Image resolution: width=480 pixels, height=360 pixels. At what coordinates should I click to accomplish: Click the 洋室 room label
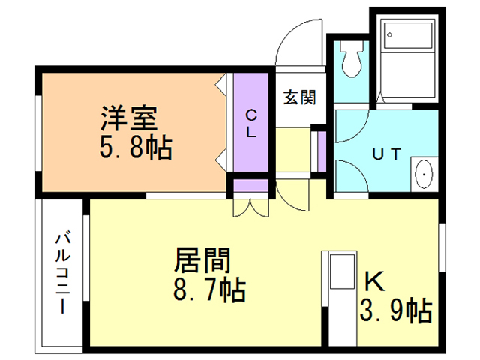pyautogui.click(x=129, y=118)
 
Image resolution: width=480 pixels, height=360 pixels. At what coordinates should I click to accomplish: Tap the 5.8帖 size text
pyautogui.click(x=135, y=148)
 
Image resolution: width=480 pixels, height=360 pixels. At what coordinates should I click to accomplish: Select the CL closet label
pyautogui.click(x=251, y=124)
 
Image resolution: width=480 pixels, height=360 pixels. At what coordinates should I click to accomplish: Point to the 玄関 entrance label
pyautogui.click(x=298, y=97)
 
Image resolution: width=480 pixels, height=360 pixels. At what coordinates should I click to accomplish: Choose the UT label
pyautogui.click(x=387, y=154)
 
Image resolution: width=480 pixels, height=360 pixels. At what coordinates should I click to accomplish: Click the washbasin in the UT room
pyautogui.click(x=424, y=175)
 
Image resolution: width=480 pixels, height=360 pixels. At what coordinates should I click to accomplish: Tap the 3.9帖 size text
pyautogui.click(x=397, y=309)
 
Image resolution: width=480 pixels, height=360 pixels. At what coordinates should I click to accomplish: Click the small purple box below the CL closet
pyautogui.click(x=249, y=187)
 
